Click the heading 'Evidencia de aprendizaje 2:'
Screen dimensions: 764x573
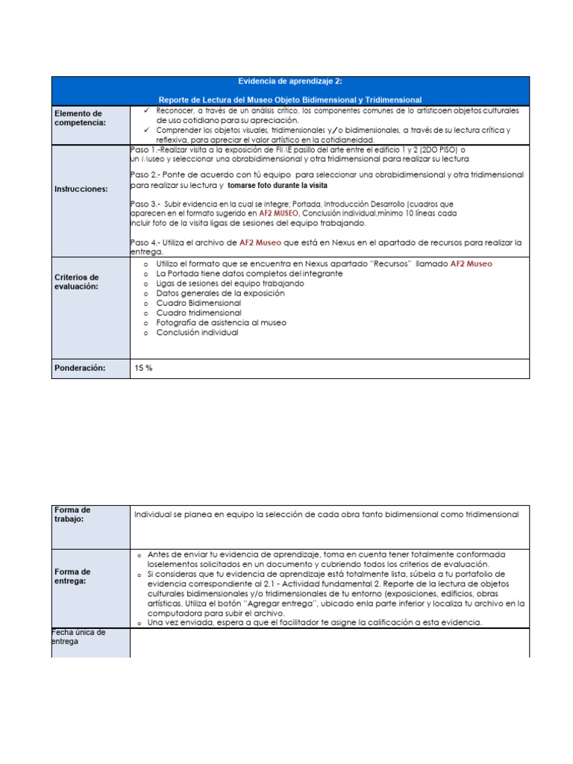(x=290, y=82)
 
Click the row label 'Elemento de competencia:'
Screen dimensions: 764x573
(x=80, y=118)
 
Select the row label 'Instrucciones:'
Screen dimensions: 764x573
(x=81, y=190)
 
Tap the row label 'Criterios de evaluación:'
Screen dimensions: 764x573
(x=76, y=282)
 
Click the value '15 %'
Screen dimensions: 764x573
(x=143, y=368)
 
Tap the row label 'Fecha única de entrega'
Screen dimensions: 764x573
(x=79, y=636)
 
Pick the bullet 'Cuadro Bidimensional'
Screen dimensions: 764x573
(x=198, y=304)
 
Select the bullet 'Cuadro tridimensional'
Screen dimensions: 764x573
(x=198, y=313)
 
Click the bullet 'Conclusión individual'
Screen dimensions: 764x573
(x=197, y=333)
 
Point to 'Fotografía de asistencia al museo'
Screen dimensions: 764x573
(x=221, y=323)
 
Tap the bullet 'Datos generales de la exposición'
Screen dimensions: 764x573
(x=220, y=294)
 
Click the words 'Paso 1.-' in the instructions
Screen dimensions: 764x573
(x=146, y=149)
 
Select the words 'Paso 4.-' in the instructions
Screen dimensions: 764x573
(x=146, y=242)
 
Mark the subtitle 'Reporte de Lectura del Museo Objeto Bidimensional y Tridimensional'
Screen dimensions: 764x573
(x=290, y=99)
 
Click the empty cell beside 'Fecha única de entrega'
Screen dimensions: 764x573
(x=329, y=642)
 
